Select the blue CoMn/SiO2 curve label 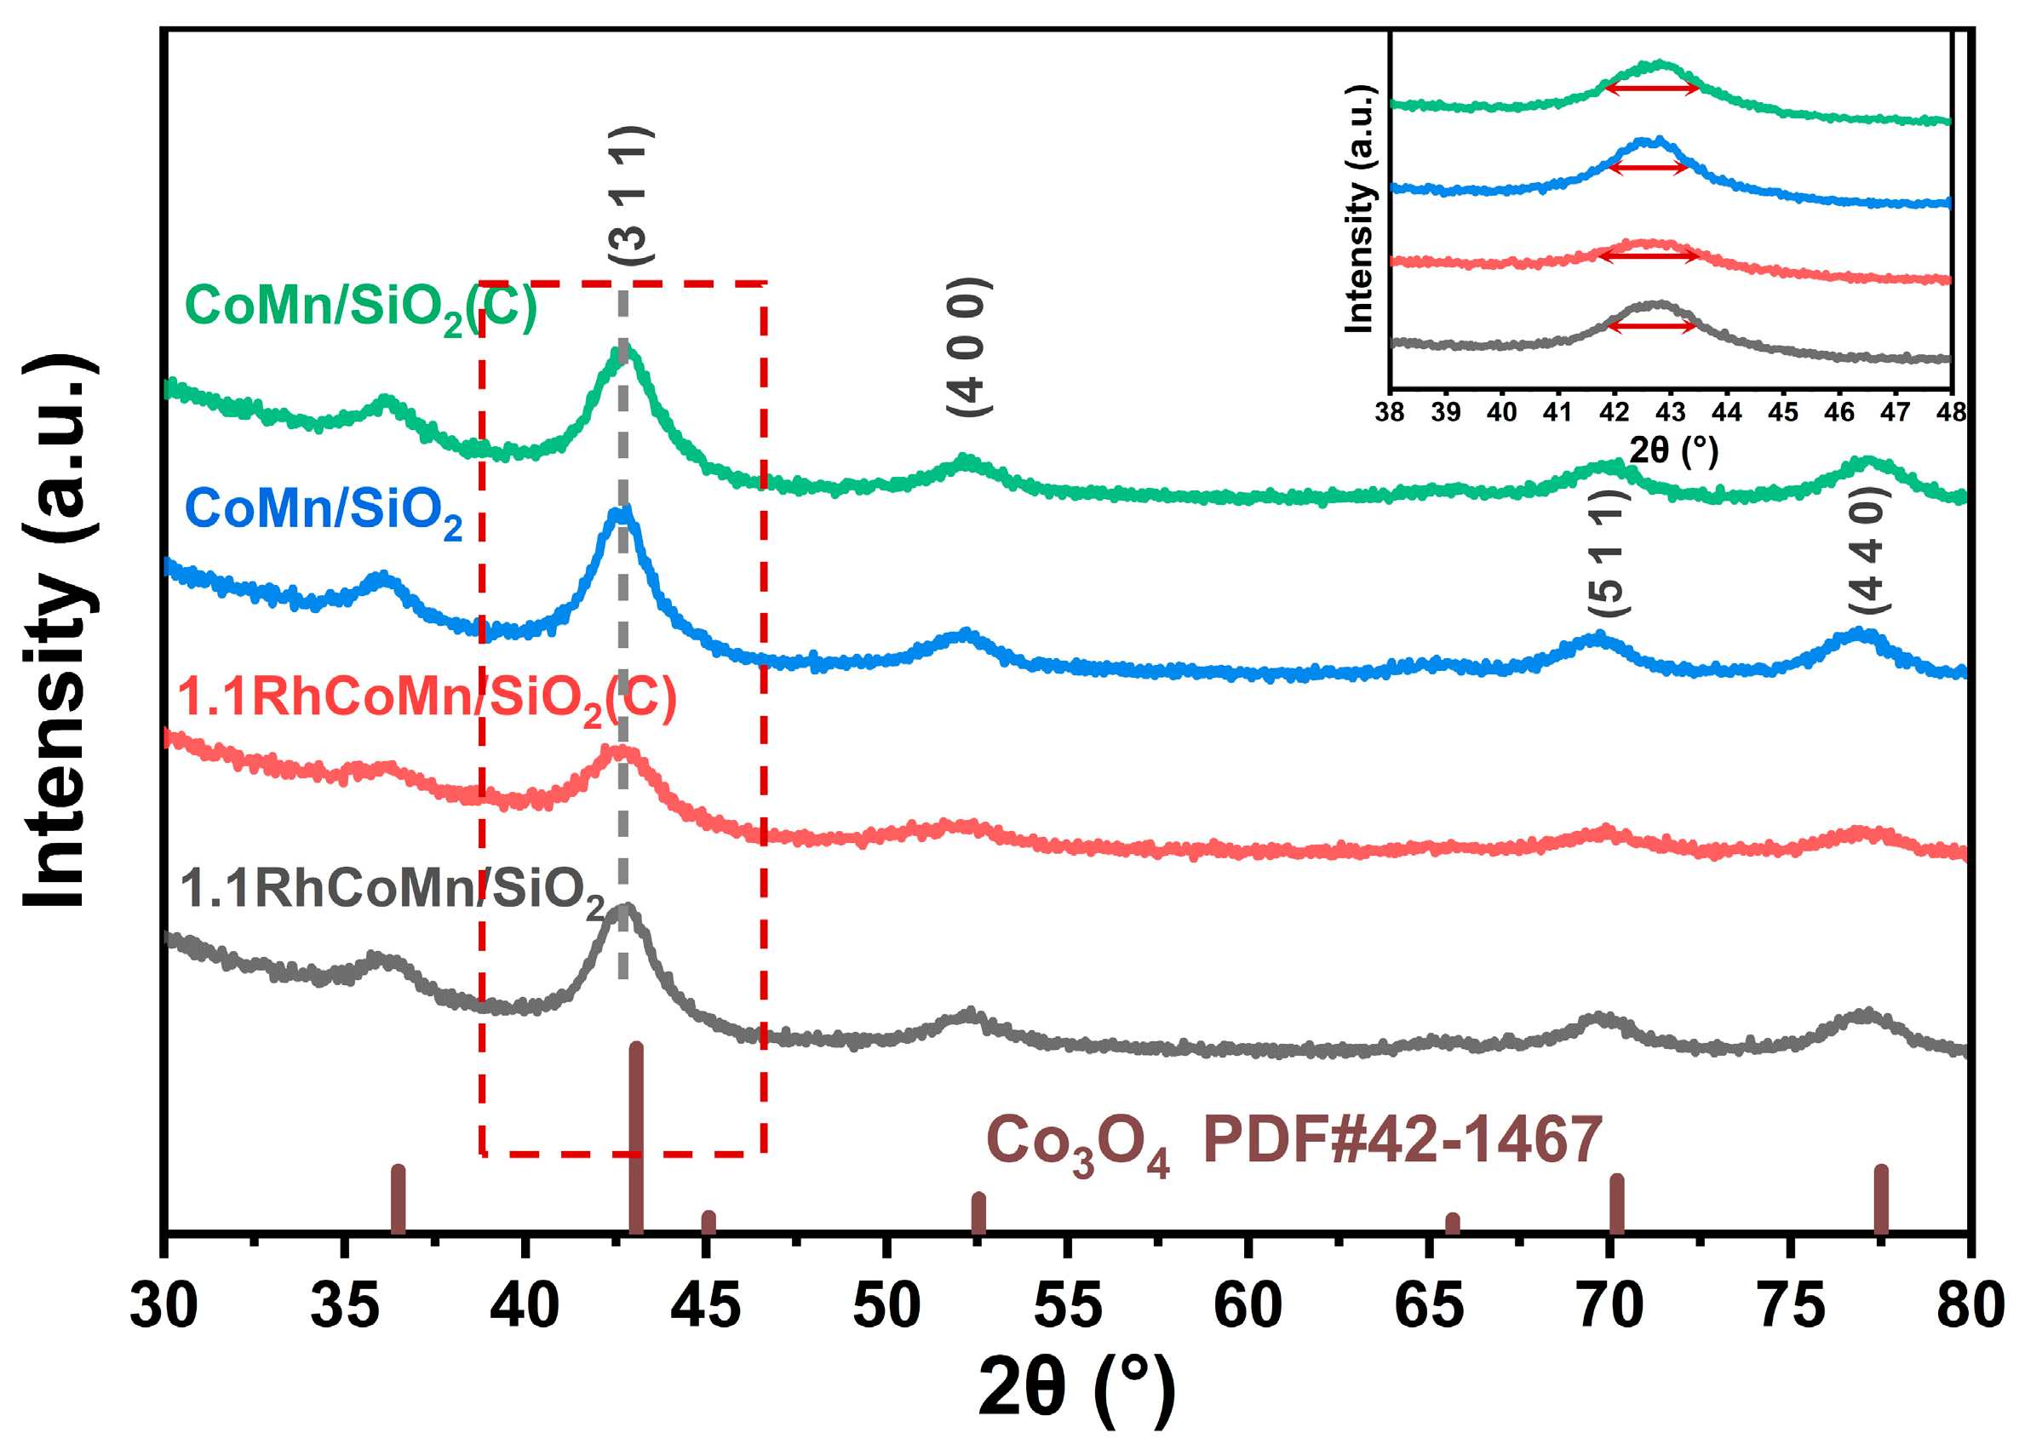click(323, 513)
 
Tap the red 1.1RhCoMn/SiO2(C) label click(427, 700)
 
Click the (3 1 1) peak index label click(631, 196)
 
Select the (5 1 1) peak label click(1609, 552)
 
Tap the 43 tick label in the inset click(1669, 413)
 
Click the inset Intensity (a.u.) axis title click(1359, 209)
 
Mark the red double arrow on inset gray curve click(1652, 327)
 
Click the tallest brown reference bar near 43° click(635, 1139)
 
